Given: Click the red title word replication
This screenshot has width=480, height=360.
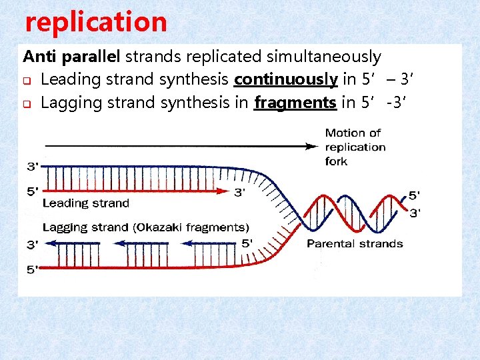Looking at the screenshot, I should (x=95, y=21).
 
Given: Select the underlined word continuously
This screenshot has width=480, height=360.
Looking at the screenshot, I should (x=285, y=80).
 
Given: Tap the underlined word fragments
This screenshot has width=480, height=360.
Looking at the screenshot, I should (x=295, y=103).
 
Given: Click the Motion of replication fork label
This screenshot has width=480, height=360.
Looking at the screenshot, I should (x=355, y=147).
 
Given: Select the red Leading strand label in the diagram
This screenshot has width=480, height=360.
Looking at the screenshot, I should (x=85, y=203).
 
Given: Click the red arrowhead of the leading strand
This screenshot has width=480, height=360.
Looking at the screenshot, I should (x=225, y=191).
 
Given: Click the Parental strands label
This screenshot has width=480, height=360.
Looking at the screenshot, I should (x=355, y=243).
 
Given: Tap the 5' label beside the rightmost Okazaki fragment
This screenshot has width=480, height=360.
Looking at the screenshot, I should (x=247, y=243).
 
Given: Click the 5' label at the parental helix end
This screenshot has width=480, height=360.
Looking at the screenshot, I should (x=414, y=195).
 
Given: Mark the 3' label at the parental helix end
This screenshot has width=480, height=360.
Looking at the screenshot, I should (x=414, y=213).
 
